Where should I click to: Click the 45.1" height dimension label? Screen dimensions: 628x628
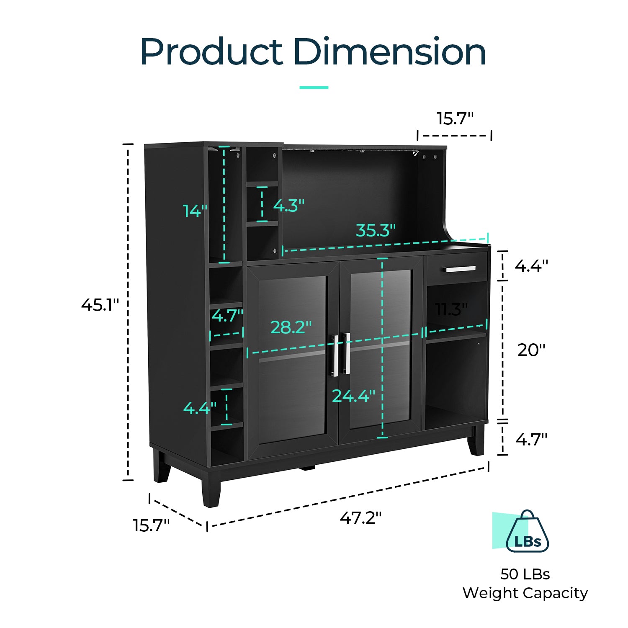coord(100,305)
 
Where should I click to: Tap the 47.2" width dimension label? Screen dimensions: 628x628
coord(360,518)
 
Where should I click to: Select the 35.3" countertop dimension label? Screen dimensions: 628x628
coord(376,230)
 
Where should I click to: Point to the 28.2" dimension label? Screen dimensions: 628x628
coord(291,327)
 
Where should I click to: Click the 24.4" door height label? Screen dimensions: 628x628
coord(353,396)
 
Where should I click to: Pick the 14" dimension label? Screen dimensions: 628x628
coord(195,211)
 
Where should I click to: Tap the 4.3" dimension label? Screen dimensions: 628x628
coord(289,206)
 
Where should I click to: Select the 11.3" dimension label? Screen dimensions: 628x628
coord(451,310)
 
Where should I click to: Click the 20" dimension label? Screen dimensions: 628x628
coord(531,350)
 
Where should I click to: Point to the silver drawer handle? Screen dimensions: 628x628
coord(461,269)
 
